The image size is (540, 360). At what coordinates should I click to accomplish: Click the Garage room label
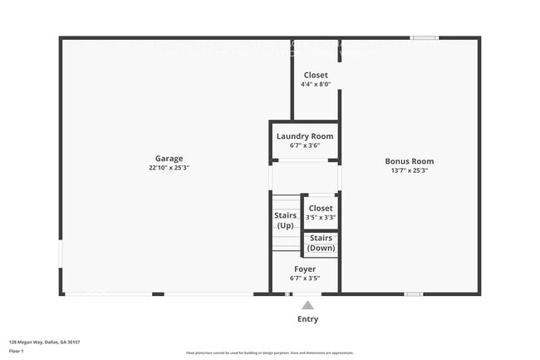tap(169, 159)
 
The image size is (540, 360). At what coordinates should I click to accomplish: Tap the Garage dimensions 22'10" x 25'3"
tap(169, 167)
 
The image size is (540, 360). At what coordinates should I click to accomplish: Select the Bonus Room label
tap(409, 161)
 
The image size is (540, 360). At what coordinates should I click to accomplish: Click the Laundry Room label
tap(304, 136)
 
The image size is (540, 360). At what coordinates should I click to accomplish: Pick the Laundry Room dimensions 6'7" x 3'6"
tap(304, 145)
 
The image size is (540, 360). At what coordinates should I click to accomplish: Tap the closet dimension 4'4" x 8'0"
tap(316, 84)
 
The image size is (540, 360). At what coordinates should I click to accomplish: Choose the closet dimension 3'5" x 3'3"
tap(320, 218)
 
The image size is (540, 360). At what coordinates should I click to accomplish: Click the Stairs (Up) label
tap(285, 220)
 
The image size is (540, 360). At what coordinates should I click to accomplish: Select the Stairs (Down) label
tap(321, 243)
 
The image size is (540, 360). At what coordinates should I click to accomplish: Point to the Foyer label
tap(304, 269)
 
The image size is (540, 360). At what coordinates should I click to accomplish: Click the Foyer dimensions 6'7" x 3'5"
tap(304, 279)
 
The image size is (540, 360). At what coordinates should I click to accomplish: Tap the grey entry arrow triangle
tap(307, 305)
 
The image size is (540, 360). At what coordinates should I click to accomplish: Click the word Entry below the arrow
tap(307, 319)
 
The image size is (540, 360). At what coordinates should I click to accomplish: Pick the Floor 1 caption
tap(17, 350)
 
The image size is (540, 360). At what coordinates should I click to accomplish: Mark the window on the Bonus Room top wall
tap(425, 37)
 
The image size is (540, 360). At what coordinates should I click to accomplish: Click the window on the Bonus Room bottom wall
tap(414, 293)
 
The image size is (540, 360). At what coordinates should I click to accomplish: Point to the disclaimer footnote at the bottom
tap(269, 353)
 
